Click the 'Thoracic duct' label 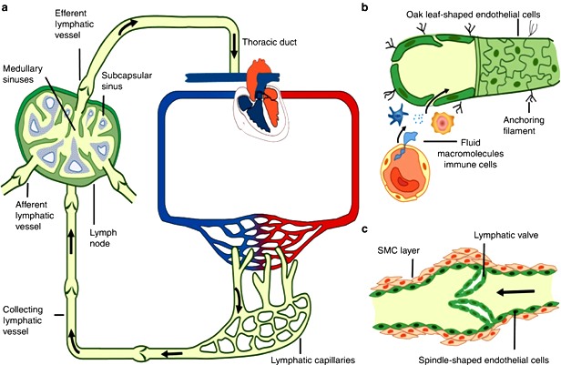point(270,42)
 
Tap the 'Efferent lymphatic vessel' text point(75,25)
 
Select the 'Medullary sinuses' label point(23,74)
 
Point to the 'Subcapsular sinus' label point(127,81)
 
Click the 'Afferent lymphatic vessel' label point(35,216)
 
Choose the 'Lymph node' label point(103,238)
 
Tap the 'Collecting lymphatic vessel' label point(23,320)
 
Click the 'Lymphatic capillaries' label point(312,360)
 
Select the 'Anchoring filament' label point(524,126)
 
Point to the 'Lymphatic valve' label point(506,235)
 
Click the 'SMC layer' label point(399,250)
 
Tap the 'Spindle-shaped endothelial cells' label point(484,360)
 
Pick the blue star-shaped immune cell point(397,115)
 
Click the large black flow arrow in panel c point(515,292)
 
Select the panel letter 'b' point(364,6)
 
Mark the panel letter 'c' point(364,229)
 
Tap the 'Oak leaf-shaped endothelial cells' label point(473,15)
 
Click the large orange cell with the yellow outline point(405,170)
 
